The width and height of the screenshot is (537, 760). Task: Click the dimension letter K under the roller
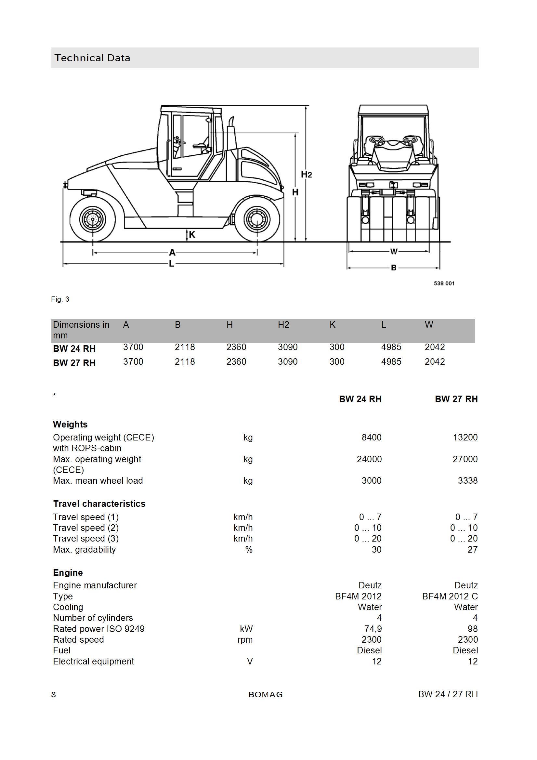click(192, 235)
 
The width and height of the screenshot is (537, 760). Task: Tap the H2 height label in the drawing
click(306, 174)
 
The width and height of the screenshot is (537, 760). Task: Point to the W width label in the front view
click(394, 252)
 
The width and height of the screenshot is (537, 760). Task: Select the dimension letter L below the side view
click(172, 264)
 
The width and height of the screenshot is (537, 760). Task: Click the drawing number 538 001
click(444, 283)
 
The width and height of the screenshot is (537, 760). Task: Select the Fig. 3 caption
click(60, 299)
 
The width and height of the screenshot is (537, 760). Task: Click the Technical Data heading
click(92, 58)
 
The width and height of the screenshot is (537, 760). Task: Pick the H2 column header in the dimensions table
click(283, 325)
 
